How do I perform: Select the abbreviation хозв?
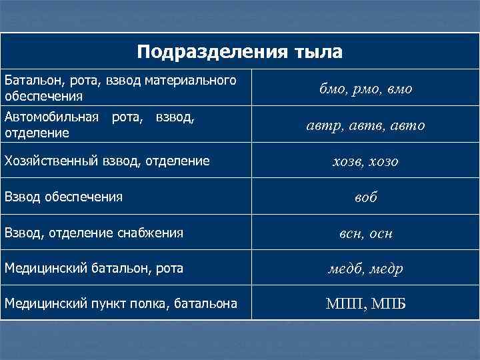pyautogui.click(x=349, y=161)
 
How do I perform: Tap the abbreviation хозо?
pyautogui.click(x=385, y=161)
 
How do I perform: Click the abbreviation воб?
pyautogui.click(x=366, y=198)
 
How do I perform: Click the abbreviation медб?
pyautogui.click(x=346, y=269)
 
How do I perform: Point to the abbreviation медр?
pyautogui.click(x=386, y=269)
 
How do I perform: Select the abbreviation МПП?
pyautogui.click(x=343, y=305)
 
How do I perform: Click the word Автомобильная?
pyautogui.click(x=51, y=117)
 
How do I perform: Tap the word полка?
pyautogui.click(x=147, y=305)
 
